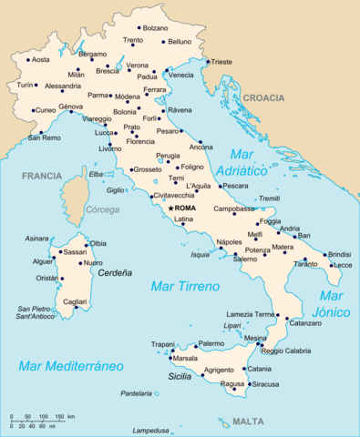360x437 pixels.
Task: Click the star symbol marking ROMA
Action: point(170,208)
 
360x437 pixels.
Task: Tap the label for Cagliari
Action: point(75,301)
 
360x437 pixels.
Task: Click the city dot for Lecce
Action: point(330,264)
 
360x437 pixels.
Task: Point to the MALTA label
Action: point(248,422)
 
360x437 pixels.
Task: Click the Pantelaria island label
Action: point(136,393)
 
